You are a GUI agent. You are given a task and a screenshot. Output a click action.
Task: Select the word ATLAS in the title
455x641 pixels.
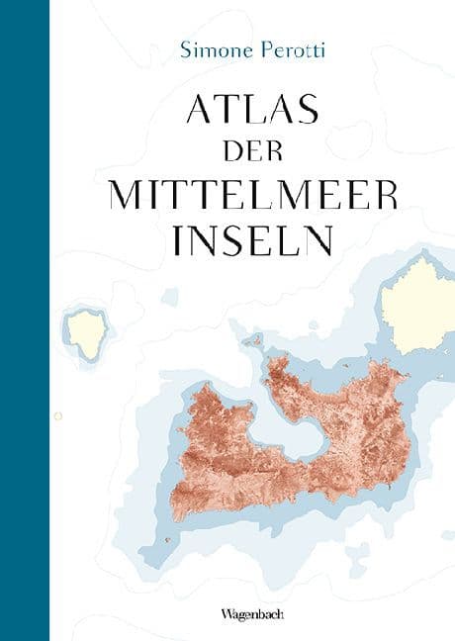coord(252,110)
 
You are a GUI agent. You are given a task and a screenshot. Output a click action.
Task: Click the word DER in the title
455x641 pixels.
coord(252,152)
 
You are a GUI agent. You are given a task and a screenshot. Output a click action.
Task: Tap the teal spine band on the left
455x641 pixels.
coord(25,320)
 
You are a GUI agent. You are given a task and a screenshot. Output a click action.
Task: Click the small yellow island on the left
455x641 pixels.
coord(87,333)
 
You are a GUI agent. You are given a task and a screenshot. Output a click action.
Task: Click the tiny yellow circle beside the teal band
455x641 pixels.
coord(57,415)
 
